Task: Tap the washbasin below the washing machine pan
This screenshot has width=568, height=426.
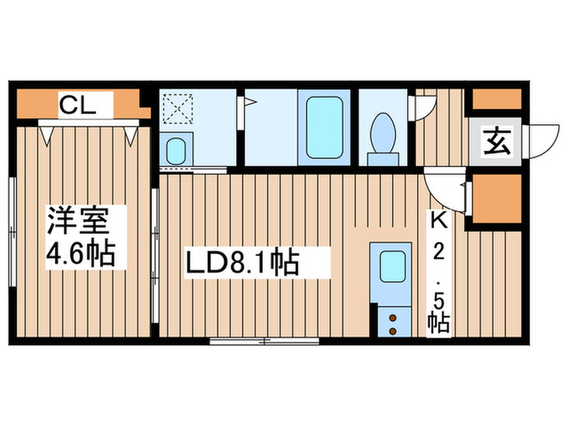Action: (x=176, y=150)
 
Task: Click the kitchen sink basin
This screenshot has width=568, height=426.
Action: (x=393, y=265)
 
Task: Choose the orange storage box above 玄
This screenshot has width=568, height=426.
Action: (x=496, y=98)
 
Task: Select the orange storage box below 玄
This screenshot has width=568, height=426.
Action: (x=496, y=197)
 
